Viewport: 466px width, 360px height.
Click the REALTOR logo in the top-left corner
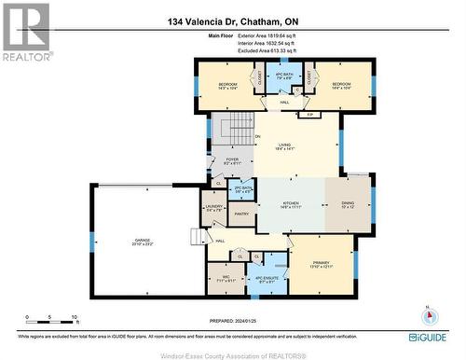click(x=25, y=32)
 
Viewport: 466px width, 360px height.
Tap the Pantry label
click(x=241, y=215)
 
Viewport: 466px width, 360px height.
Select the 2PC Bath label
click(x=244, y=189)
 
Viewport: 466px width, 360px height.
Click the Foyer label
click(x=233, y=161)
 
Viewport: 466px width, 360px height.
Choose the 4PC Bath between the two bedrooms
click(x=284, y=77)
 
